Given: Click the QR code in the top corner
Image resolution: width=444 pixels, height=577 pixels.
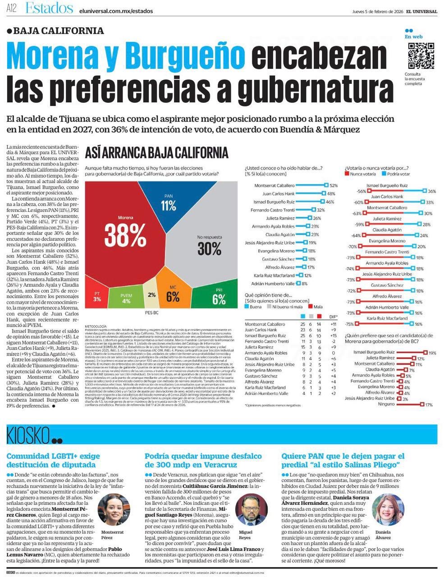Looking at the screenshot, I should click(x=421, y=56).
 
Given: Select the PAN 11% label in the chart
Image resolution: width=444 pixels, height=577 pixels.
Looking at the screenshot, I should click(x=169, y=204).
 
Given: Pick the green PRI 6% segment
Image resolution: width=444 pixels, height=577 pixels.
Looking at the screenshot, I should click(x=219, y=298).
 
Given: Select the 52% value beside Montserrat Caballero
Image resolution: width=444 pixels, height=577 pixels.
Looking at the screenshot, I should click(x=334, y=186).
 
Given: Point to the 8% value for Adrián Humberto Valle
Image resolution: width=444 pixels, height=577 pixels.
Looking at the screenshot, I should click(x=305, y=284).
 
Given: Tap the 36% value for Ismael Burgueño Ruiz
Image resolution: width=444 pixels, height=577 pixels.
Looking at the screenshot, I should click(x=431, y=192).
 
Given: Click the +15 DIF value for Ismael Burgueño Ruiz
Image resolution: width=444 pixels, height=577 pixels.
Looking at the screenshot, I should click(x=333, y=336).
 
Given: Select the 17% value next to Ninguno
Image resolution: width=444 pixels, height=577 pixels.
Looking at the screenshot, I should click(x=429, y=405).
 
